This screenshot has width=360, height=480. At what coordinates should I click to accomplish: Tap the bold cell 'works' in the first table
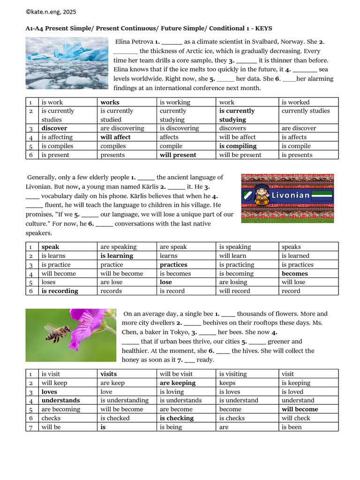(110, 102)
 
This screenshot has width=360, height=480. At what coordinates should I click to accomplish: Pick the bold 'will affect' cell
(115, 137)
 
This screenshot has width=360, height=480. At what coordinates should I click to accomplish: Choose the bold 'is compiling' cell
(238, 146)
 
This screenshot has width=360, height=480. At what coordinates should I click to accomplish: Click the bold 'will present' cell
(178, 155)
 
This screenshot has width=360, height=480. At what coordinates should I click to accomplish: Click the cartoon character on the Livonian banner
(261, 195)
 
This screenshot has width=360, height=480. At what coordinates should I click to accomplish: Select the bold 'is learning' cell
(117, 256)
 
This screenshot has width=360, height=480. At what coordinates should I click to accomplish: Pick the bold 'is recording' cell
(60, 291)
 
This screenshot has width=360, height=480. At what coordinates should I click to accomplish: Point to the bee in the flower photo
(59, 333)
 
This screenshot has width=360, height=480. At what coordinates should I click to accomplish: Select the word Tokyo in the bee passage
(174, 332)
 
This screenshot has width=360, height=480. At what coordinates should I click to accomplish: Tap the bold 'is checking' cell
(176, 418)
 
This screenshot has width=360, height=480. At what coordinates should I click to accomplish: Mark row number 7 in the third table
(30, 427)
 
